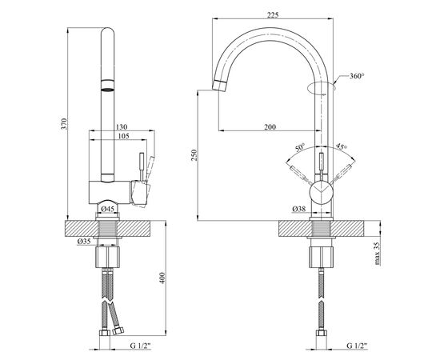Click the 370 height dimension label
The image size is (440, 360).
[64, 124]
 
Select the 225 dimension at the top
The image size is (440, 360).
[273, 15]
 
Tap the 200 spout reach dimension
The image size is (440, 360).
[270, 127]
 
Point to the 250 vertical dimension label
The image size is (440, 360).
[194, 155]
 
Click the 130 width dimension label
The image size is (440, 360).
[122, 126]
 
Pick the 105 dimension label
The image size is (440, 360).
[123, 136]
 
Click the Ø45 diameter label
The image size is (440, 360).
[107, 209]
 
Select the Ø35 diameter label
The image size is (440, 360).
[84, 241]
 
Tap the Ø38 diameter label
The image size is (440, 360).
[298, 209]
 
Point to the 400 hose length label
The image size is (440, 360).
[162, 278]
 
